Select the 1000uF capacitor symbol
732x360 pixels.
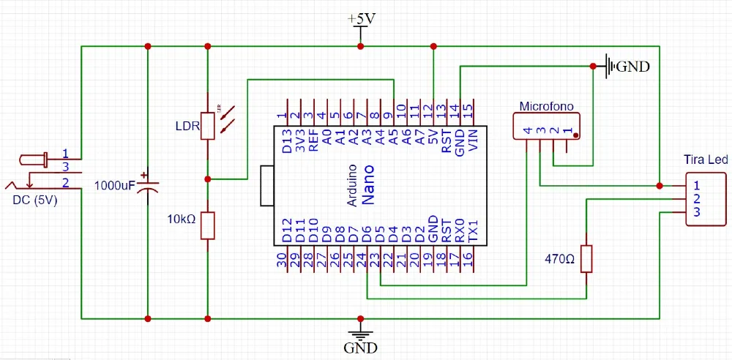coord(148,185)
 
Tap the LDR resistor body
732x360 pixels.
coord(208,125)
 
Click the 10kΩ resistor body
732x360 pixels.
coord(208,225)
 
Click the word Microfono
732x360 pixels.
coord(545,106)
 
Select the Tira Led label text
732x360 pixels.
coord(705,160)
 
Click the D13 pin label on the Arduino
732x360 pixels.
coord(286,140)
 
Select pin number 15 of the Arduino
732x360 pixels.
coord(467,112)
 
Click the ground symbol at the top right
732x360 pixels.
coord(610,67)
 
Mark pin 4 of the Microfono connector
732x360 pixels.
coord(527,131)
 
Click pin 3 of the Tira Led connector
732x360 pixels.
coord(697,212)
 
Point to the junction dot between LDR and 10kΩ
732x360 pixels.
coord(208,179)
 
